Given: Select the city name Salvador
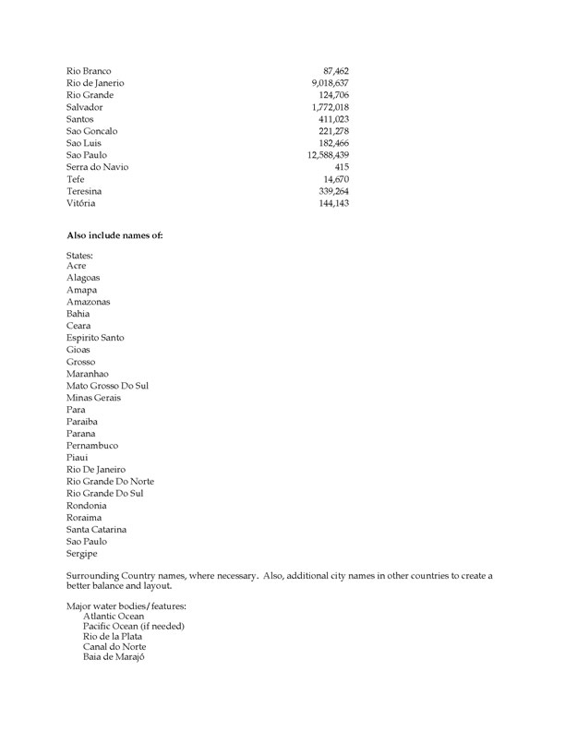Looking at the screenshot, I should click(84, 107).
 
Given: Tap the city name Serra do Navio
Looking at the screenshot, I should click(97, 167).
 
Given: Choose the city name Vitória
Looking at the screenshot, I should click(81, 203).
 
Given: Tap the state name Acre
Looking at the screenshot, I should click(77, 266).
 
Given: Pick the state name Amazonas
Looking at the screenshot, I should click(88, 302).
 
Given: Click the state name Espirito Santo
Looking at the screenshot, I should click(95, 338).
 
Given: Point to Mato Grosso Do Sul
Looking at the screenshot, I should click(107, 386).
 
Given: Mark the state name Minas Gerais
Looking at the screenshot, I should click(93, 398).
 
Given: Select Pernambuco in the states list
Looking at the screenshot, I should click(92, 446).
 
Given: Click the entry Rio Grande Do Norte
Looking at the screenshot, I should click(110, 482).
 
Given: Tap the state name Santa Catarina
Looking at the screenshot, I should click(96, 530).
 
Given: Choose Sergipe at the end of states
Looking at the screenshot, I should click(82, 554).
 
